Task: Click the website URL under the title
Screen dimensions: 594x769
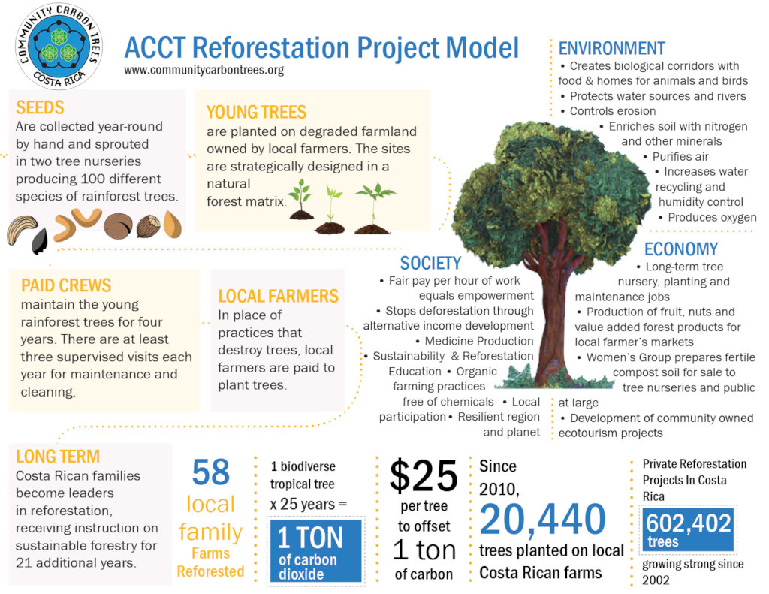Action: [204, 71]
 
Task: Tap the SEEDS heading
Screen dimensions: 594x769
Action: [40, 107]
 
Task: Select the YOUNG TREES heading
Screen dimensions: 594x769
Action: [256, 112]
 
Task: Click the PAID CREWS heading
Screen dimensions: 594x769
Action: [66, 285]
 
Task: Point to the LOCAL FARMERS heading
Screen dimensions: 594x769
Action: [278, 296]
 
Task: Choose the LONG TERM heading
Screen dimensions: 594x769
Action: [58, 456]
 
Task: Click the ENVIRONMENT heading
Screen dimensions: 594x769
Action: [611, 48]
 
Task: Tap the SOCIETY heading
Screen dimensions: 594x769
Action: [430, 263]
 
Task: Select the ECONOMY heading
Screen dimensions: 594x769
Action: [680, 249]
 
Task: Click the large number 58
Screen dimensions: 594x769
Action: [210, 473]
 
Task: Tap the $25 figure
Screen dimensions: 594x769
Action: [423, 476]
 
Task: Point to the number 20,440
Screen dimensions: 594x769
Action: [542, 518]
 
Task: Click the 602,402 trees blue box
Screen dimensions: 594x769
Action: [689, 530]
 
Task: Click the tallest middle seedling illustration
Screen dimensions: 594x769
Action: [331, 207]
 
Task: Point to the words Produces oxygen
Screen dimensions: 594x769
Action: [712, 217]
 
